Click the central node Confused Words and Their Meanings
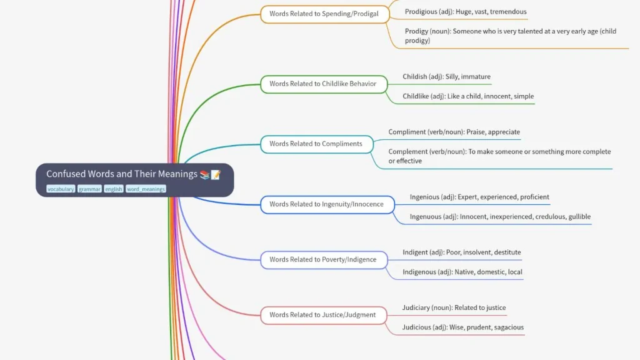tap(135, 180)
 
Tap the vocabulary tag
tap(61, 189)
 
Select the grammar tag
tap(89, 189)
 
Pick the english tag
tap(114, 189)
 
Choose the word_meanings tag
tap(146, 189)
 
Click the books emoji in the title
tap(204, 175)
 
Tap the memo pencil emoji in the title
tap(216, 175)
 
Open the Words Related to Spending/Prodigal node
tap(325, 14)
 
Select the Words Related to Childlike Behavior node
tap(324, 84)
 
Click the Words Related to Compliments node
tap(317, 144)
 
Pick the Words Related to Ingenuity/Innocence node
tap(327, 204)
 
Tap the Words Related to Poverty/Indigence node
tap(324, 260)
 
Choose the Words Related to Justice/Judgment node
tap(323, 315)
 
